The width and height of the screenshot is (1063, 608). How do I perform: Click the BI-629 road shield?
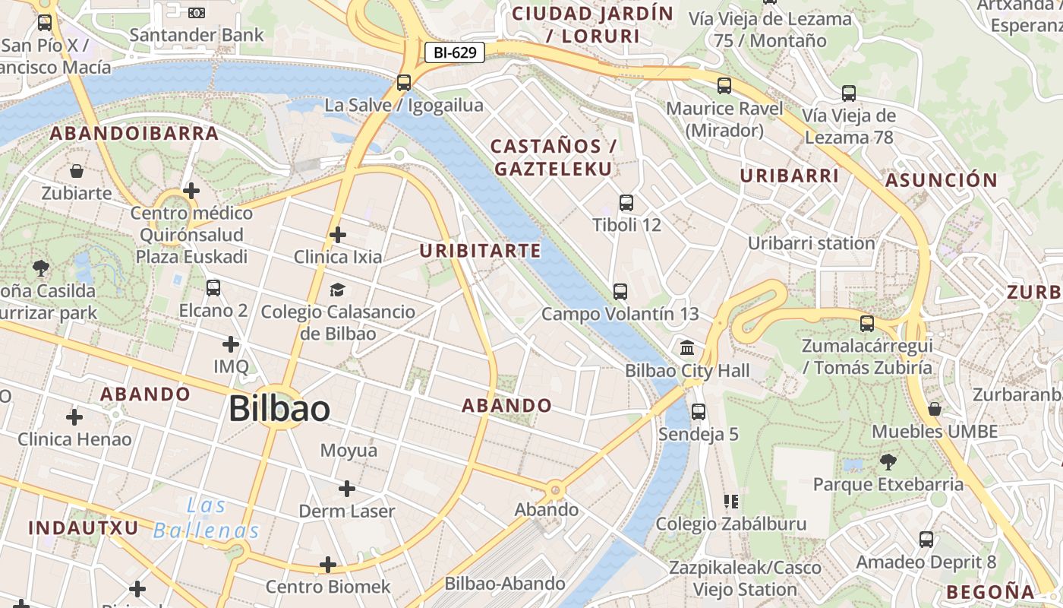tap(454, 52)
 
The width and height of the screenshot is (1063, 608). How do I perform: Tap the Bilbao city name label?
tap(279, 409)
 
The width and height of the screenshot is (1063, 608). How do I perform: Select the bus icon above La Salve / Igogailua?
tap(404, 83)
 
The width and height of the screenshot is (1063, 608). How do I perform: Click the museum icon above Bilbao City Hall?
tap(687, 348)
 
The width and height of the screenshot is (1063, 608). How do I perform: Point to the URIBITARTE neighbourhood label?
tap(481, 251)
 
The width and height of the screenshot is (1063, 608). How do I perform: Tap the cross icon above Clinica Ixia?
tap(338, 235)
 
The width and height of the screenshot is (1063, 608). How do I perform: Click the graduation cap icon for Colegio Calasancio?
tap(337, 290)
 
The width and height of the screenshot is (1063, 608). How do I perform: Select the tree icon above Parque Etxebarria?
tap(888, 461)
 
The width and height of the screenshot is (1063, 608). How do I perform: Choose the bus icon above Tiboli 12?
tap(626, 203)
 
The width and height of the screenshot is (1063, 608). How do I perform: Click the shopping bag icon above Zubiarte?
tap(77, 171)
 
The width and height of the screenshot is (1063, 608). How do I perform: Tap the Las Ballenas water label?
tap(207, 518)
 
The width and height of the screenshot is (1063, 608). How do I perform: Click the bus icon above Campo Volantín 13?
tap(620, 292)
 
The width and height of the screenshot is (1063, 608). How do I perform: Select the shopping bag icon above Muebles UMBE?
tap(935, 409)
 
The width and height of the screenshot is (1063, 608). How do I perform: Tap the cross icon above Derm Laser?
tap(347, 489)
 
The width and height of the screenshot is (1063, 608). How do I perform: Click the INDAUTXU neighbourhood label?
tap(84, 527)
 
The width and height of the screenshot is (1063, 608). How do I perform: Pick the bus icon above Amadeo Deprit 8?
tap(926, 540)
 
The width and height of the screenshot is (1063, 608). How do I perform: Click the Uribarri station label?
tap(812, 243)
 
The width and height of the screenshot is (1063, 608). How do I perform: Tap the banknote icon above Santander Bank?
tap(197, 12)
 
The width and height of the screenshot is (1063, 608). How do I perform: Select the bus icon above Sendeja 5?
tap(699, 412)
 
